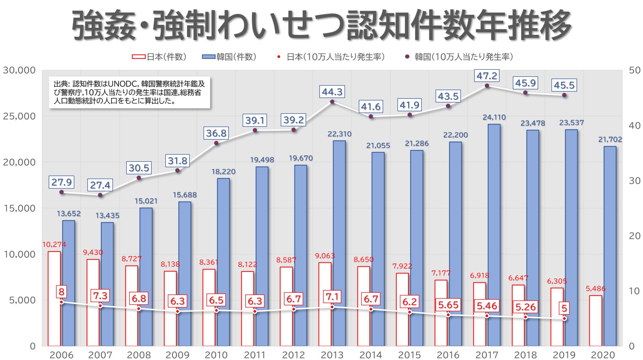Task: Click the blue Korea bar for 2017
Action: tap(494, 235)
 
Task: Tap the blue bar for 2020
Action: tap(610, 246)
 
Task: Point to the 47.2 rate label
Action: tap(487, 76)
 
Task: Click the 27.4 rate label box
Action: tap(100, 185)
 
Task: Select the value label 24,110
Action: tap(494, 117)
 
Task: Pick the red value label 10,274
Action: tap(54, 245)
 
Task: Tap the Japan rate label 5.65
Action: tap(448, 305)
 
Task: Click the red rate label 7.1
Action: tap(332, 296)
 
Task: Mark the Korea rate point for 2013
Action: tap(332, 102)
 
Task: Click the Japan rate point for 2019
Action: tap(564, 318)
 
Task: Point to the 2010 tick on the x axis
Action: tap(216, 355)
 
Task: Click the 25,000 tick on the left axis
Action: tap(19, 116)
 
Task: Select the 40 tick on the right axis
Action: tap(634, 125)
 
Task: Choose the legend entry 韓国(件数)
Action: tap(229, 57)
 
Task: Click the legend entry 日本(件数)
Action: tap(159, 57)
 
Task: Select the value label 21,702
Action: tap(610, 140)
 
